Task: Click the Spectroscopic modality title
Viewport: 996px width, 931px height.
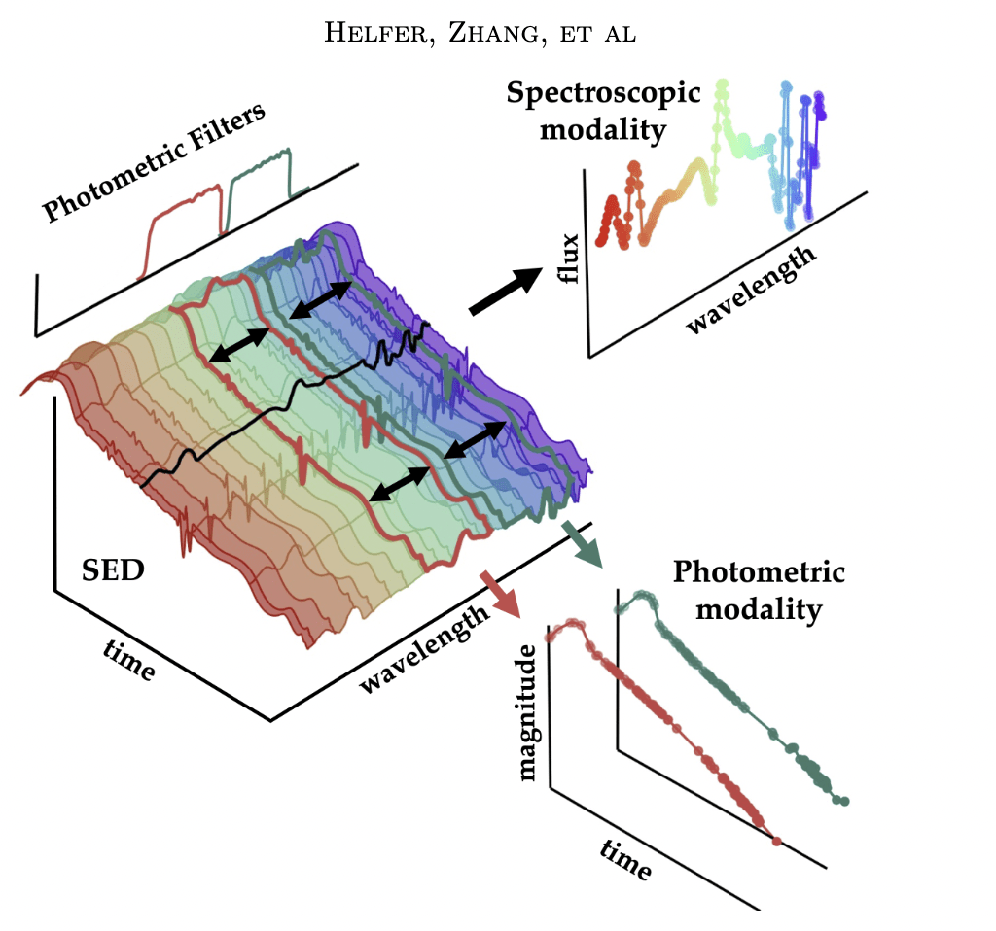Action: (603, 111)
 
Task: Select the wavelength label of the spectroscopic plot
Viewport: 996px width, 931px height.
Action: (751, 289)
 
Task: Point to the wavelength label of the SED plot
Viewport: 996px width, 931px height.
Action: (423, 650)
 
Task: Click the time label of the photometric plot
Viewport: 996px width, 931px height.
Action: (624, 859)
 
